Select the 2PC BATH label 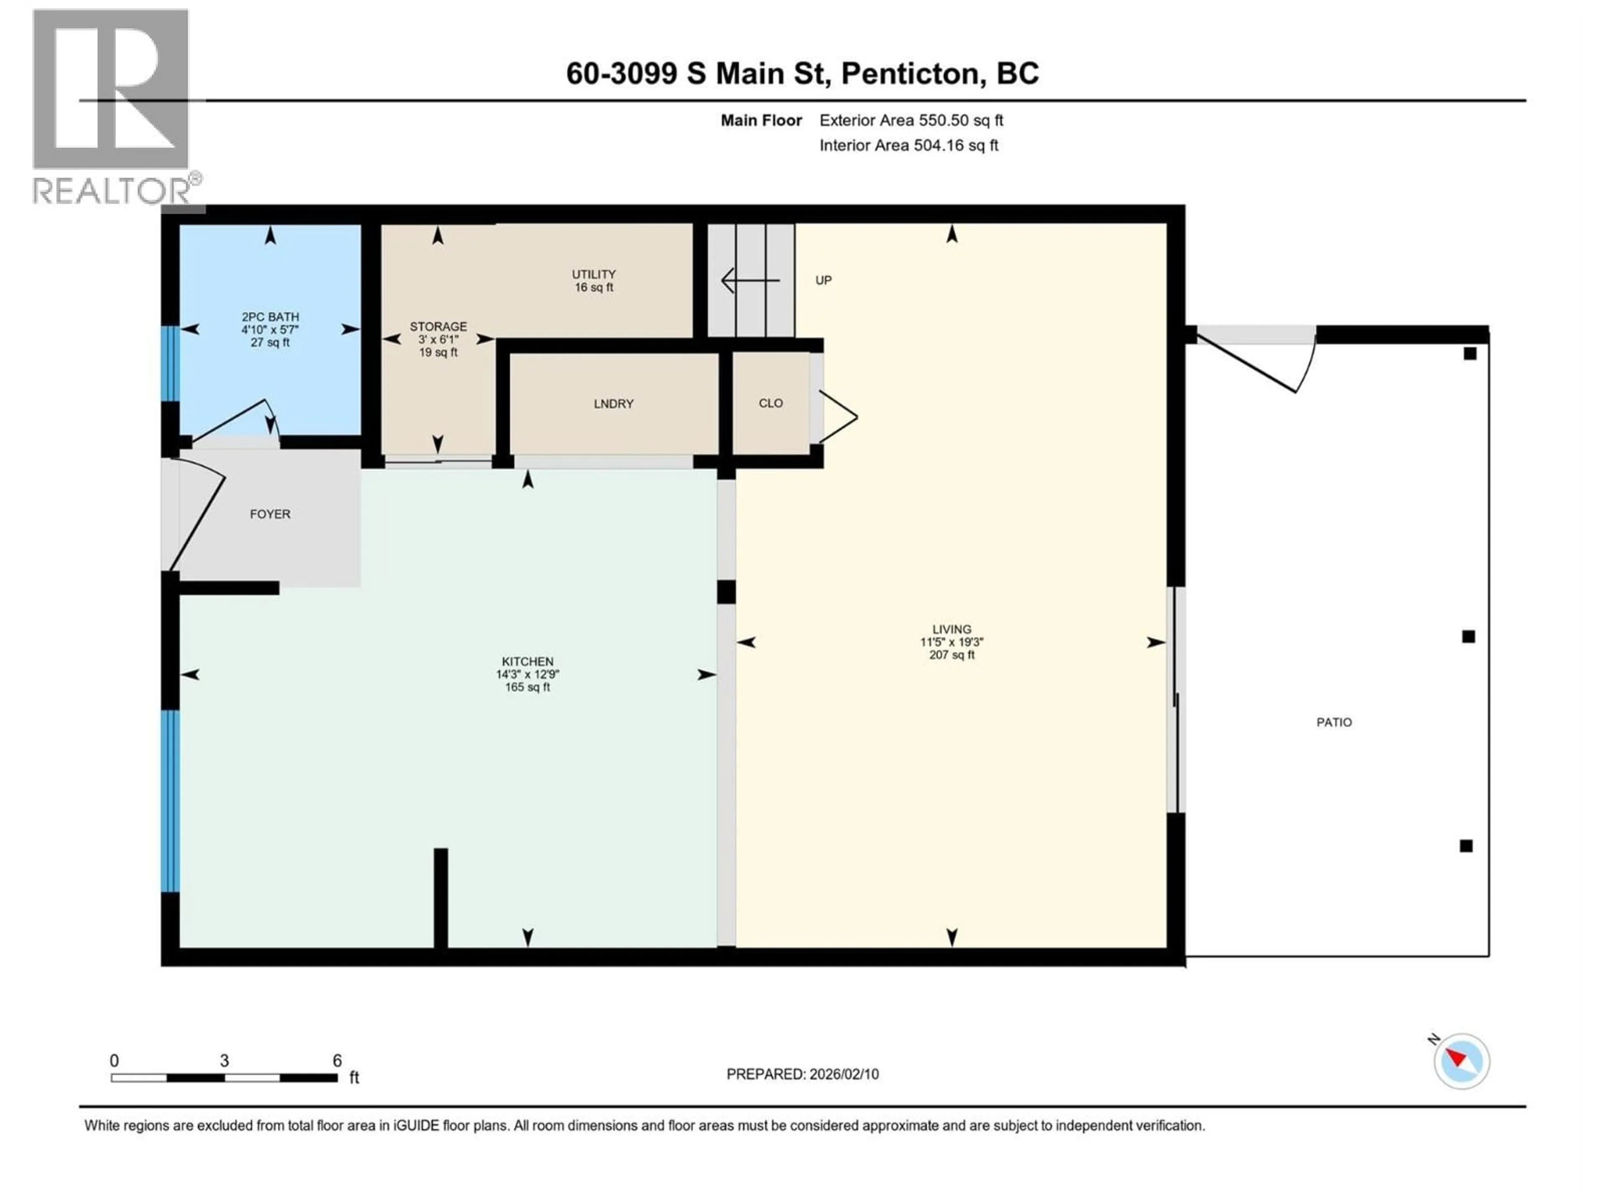tap(270, 317)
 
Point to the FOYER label tap(270, 514)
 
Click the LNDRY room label tap(614, 403)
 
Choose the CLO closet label tap(770, 403)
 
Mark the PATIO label tap(1334, 722)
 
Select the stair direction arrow tap(749, 280)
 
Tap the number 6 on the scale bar tap(337, 1060)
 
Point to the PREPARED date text tap(802, 1074)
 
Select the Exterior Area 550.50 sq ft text tap(911, 120)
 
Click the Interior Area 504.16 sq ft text tap(908, 145)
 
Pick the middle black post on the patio tap(1468, 636)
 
